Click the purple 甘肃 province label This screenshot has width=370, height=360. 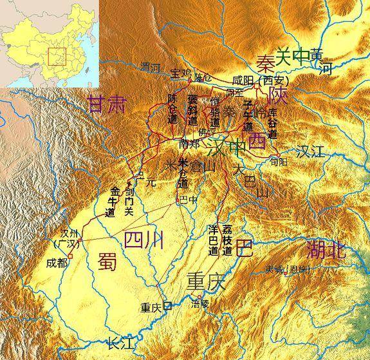[x=107, y=105]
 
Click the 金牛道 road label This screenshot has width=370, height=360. [x=116, y=200]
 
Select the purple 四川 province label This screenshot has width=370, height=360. [x=143, y=240]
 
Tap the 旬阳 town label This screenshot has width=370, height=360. [x=280, y=162]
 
